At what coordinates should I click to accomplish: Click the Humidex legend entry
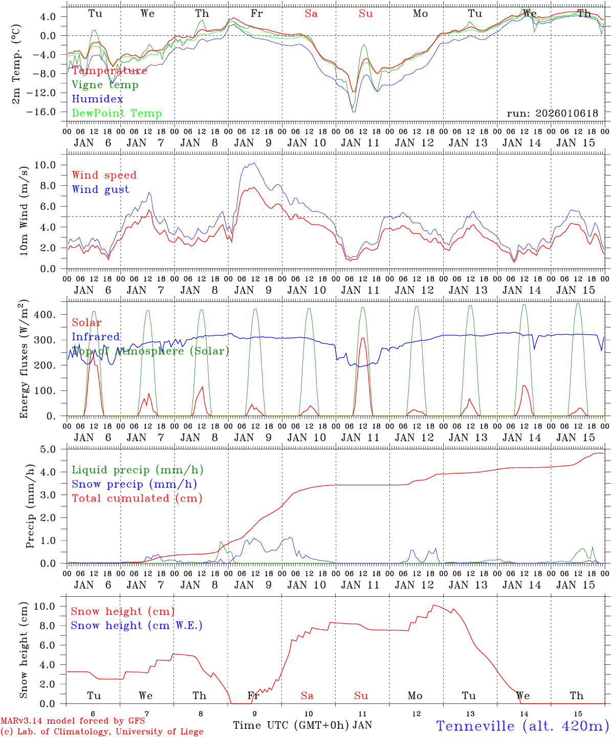point(97,99)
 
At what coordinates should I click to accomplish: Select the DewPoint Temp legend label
point(117,114)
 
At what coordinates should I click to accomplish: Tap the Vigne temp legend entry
point(105,85)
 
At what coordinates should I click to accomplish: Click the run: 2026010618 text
point(552,114)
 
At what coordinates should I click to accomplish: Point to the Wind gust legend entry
point(100,189)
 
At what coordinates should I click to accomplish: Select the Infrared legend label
point(96,337)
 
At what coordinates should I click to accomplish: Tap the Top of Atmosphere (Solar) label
point(150,351)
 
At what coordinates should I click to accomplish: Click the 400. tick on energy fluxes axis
point(45,315)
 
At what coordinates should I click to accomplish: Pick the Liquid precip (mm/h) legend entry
point(137,470)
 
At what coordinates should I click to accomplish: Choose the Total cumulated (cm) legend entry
point(137,498)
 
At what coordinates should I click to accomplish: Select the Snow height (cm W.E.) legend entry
point(137,625)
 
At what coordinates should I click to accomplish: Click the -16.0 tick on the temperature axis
point(40,112)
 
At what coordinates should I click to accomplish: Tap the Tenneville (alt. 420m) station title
point(522,726)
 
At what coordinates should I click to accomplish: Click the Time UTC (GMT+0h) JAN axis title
point(302,725)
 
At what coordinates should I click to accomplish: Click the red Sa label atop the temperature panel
point(311,14)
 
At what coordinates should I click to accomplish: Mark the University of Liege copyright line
point(102,732)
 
